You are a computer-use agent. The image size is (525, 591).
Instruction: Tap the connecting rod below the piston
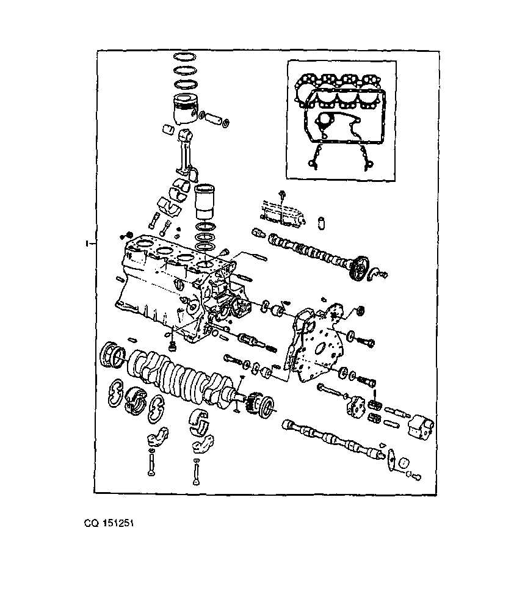pos(187,154)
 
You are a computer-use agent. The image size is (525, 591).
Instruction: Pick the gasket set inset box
pos(341,121)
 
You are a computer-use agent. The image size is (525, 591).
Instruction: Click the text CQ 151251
pos(109,523)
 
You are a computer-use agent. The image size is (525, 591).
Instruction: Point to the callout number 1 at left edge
pos(87,244)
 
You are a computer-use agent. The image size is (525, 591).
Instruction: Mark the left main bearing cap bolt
pos(151,463)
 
